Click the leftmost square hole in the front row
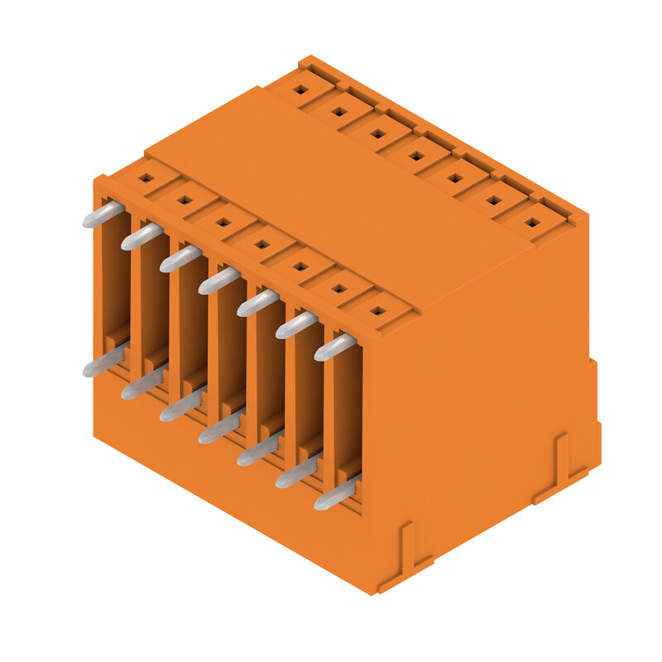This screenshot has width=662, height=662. tap(146, 177)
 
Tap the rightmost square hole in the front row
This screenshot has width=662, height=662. tap(377, 311)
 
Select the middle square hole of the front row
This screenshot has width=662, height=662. tap(261, 244)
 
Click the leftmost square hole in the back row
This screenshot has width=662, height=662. tap(301, 88)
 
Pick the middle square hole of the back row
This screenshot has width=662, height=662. tap(417, 155)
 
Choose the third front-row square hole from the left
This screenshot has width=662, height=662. tap(223, 222)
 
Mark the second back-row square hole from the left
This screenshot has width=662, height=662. tap(339, 110)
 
